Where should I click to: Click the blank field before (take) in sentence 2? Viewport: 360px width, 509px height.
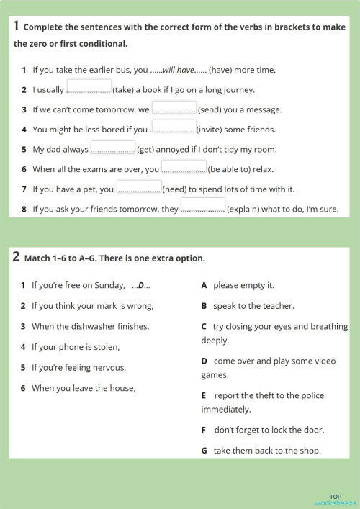tap(89, 88)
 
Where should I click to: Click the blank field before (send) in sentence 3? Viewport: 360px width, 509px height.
tap(174, 108)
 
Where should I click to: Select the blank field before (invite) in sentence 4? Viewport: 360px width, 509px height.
tap(173, 128)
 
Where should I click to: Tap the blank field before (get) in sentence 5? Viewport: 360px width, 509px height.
tap(112, 148)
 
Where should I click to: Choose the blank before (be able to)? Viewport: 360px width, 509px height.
tap(184, 168)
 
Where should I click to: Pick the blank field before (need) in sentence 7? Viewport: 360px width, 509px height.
tap(139, 188)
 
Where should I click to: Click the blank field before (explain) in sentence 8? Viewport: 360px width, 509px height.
tap(202, 208)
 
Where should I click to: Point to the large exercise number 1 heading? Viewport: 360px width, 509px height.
tap(16, 27)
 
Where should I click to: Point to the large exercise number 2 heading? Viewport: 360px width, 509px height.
tap(16, 257)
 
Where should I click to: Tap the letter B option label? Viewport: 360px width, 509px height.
tap(204, 306)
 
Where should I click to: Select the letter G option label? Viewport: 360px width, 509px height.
tap(204, 451)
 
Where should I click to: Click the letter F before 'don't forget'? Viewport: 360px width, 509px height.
tap(204, 430)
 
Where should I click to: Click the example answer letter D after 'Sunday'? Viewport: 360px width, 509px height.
tap(141, 285)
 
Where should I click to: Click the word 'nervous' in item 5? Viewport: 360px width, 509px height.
tap(109, 367)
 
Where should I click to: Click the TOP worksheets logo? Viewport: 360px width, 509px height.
tap(335, 499)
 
